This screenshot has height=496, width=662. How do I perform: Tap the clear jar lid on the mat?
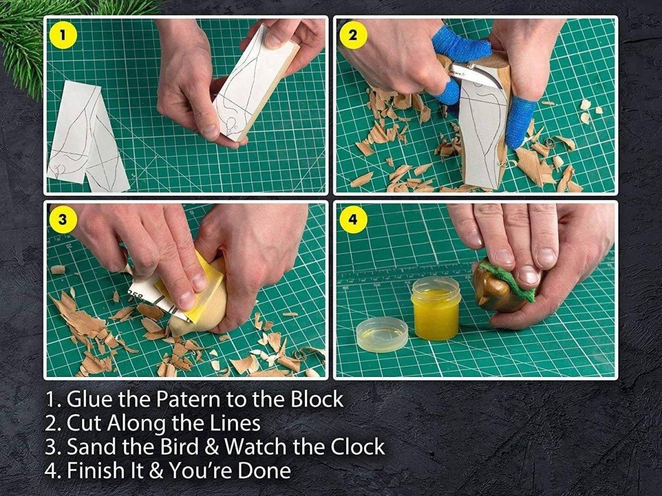tap(382, 335)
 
